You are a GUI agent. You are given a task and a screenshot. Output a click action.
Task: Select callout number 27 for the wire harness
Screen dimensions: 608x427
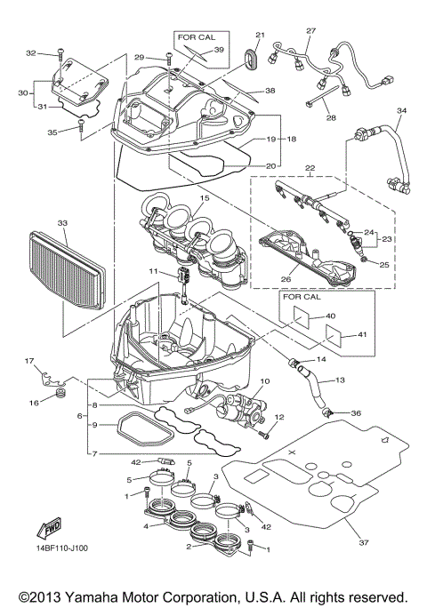tap(310, 31)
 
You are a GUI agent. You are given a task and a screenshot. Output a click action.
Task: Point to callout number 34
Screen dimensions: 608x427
tap(401, 111)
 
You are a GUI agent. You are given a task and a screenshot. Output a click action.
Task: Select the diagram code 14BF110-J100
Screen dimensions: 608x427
tap(51, 560)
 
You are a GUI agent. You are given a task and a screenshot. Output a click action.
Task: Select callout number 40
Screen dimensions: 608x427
tap(330, 316)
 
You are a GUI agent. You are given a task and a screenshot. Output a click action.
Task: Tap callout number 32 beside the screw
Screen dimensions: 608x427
tap(30, 53)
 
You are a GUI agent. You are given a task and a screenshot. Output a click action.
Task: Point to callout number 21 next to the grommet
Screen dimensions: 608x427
tap(261, 35)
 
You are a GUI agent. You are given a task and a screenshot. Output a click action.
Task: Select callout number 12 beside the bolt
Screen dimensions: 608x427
tap(278, 418)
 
